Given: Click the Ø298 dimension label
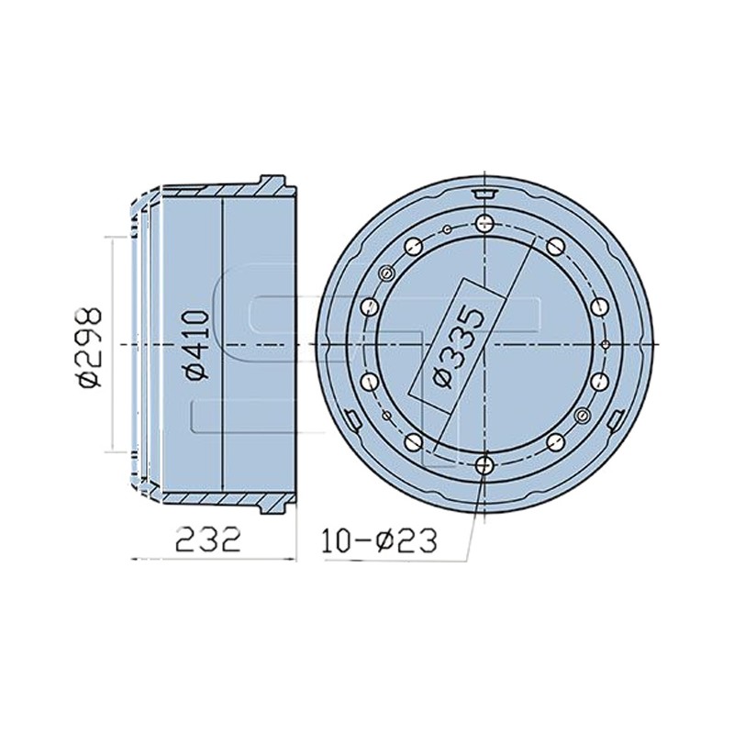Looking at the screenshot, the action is point(89,348).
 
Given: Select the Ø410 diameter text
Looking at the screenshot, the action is point(196,344).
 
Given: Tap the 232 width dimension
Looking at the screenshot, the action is point(208,539).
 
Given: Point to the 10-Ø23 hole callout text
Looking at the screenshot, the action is point(380,540).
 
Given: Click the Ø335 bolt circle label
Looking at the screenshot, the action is point(457,347).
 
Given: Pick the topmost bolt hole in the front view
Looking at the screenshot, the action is point(484,223).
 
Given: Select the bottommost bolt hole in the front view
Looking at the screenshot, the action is point(484,465).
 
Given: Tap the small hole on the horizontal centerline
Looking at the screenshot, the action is point(606,345).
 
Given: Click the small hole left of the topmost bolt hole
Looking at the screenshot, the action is point(447,229).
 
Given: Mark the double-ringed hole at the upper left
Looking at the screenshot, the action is point(386,273).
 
